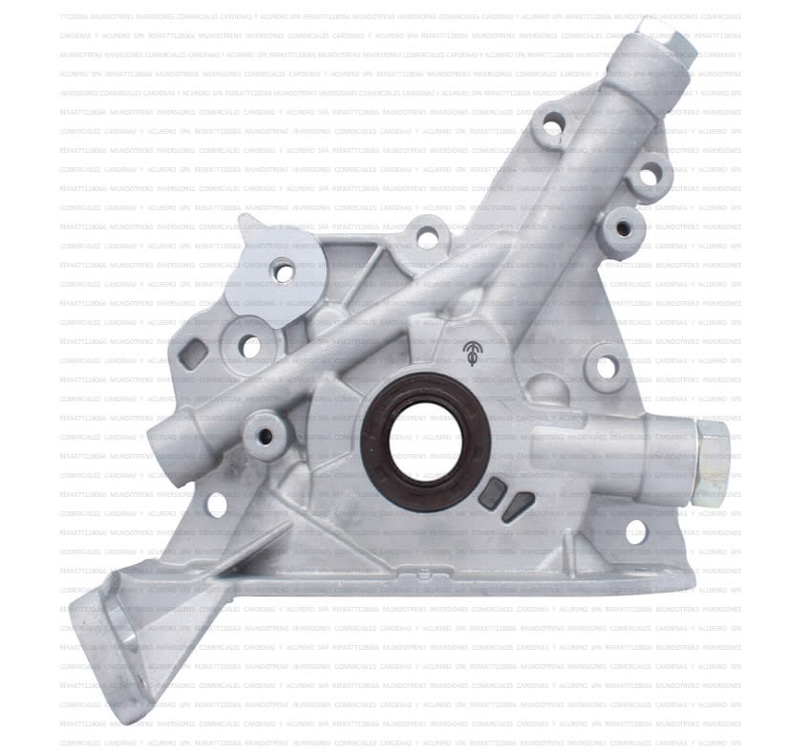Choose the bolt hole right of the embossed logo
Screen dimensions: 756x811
(x=602, y=363)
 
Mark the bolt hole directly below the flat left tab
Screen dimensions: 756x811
(x=251, y=346)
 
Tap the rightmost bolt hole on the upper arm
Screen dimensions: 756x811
(x=650, y=174)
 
